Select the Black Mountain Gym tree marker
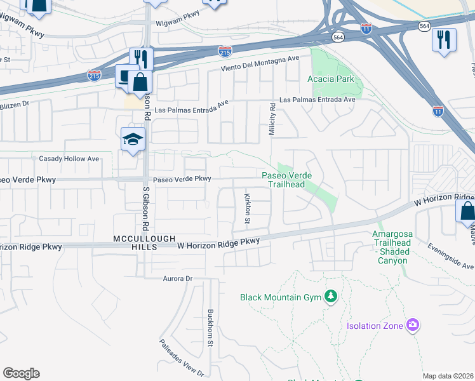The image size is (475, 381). click(330, 297)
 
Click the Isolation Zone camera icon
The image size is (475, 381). click(413, 325)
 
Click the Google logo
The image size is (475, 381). click(21, 373)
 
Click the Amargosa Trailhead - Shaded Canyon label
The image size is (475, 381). click(392, 243)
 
